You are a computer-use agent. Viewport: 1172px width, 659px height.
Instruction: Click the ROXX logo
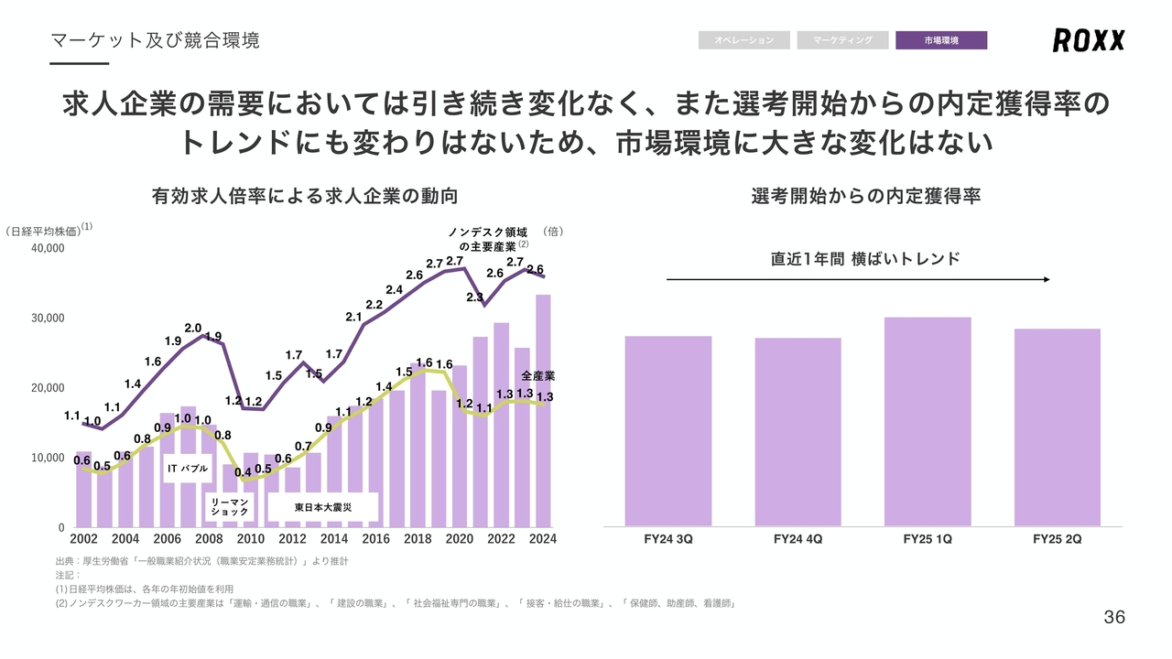[1088, 40]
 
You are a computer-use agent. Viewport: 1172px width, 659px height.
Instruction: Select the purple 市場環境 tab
[941, 40]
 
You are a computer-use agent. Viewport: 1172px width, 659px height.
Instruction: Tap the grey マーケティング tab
[842, 40]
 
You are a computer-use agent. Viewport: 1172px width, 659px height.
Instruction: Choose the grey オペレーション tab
[743, 40]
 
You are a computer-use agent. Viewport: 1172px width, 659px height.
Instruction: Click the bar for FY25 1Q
[928, 421]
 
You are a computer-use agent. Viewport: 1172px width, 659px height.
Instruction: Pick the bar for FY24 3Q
[667, 430]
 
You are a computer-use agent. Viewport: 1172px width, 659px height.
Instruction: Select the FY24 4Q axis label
[798, 539]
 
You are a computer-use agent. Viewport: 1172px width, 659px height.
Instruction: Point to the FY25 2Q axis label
[1057, 539]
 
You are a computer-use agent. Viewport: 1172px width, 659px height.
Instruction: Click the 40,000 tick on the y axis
[48, 248]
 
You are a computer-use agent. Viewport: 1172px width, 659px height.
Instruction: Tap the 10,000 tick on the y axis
[48, 458]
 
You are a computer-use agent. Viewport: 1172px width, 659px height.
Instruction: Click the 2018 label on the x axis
[418, 539]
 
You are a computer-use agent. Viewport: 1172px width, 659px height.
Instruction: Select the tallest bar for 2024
[543, 412]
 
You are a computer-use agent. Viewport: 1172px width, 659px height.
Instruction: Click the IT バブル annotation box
[188, 469]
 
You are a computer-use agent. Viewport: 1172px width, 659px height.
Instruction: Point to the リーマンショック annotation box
[230, 507]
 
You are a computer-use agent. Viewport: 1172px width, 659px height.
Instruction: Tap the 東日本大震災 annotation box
[323, 506]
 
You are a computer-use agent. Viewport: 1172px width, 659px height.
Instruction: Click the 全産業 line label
[538, 375]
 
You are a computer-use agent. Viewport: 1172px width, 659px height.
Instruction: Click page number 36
[1114, 617]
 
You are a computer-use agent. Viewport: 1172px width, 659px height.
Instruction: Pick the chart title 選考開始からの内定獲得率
[865, 196]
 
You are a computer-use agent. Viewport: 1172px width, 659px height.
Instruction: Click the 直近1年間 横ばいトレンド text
[865, 259]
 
